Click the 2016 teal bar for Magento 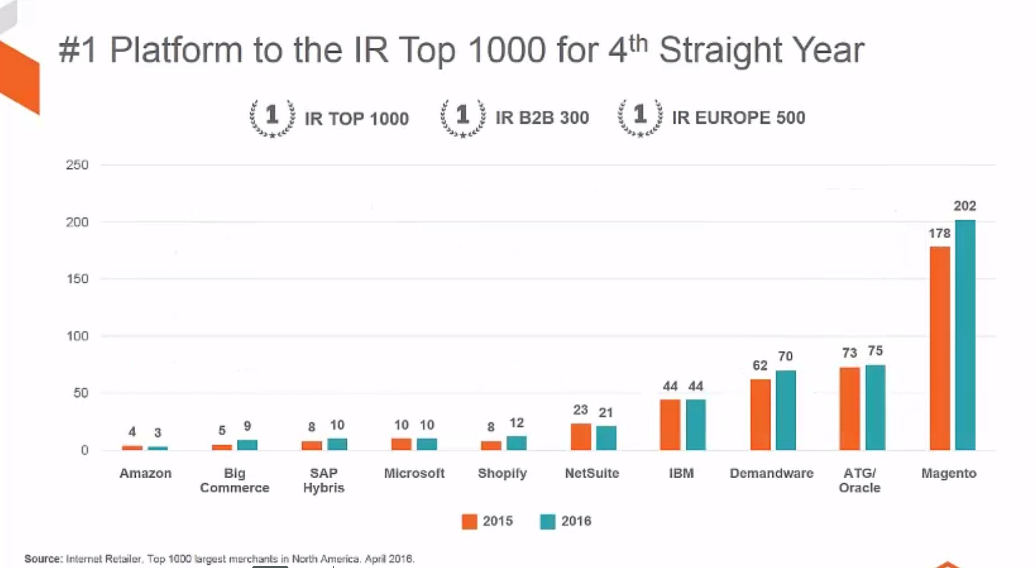click(x=965, y=335)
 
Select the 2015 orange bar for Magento click(x=940, y=348)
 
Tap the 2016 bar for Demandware click(x=786, y=410)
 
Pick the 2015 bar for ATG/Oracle click(x=850, y=409)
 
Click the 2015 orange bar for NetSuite click(x=581, y=437)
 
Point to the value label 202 click(x=965, y=206)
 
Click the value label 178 click(x=939, y=233)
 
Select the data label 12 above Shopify click(x=516, y=423)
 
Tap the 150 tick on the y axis click(x=77, y=279)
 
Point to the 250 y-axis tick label click(x=77, y=165)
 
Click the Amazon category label click(x=145, y=473)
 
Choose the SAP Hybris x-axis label click(x=324, y=480)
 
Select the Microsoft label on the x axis click(x=414, y=473)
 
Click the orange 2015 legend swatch click(x=469, y=521)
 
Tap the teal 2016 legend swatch click(x=548, y=521)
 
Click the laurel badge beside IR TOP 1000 click(x=272, y=117)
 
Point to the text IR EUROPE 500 click(x=739, y=118)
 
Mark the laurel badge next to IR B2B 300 click(x=463, y=117)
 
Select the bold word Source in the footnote click(x=43, y=559)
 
